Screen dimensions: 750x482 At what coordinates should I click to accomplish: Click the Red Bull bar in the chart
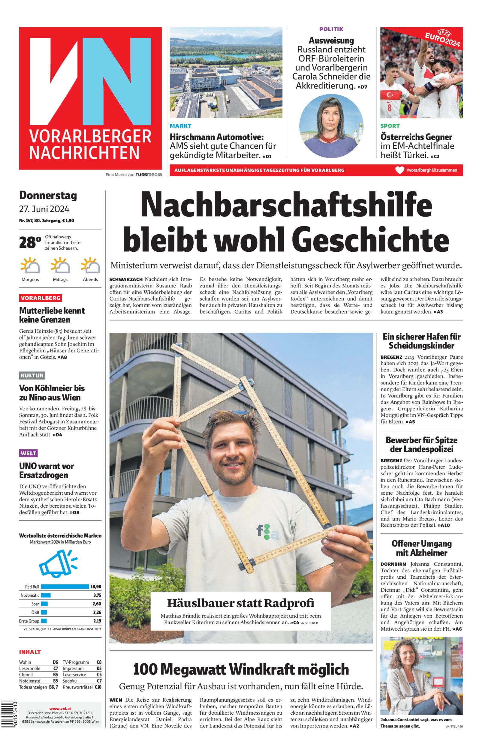[x=65, y=587]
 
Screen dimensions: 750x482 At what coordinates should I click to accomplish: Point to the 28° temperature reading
[x=30, y=242]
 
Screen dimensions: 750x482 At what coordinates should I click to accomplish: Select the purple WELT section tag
[x=29, y=453]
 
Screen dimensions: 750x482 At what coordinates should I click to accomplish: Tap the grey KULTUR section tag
[x=32, y=375]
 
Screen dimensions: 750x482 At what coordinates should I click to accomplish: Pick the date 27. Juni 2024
[x=44, y=209]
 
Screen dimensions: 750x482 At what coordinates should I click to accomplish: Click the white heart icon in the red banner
[x=400, y=170]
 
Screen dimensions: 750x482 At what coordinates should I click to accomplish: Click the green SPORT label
[x=390, y=126]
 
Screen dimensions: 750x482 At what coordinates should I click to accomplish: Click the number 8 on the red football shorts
[x=389, y=108]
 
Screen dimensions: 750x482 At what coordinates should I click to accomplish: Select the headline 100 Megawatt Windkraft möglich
[x=241, y=670]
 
